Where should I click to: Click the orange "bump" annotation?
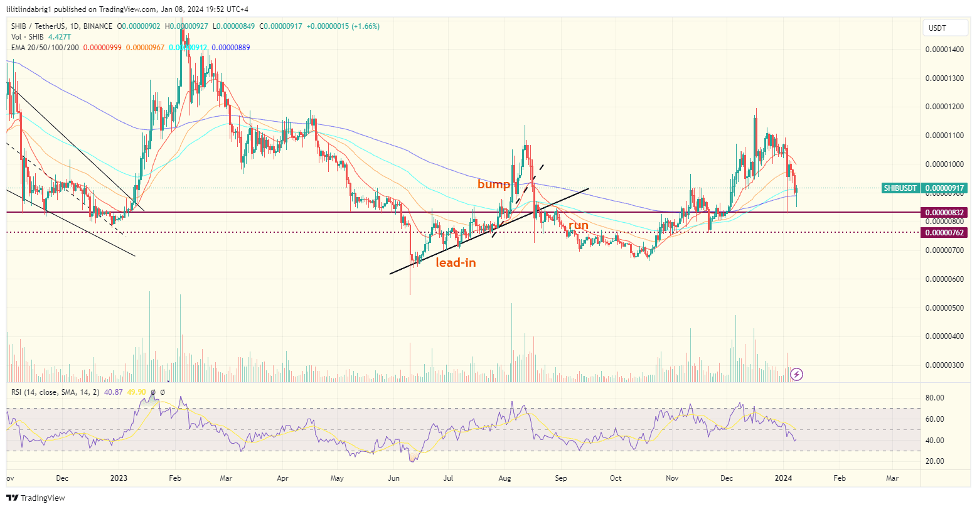click(x=494, y=184)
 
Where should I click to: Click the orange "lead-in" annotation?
click(x=456, y=262)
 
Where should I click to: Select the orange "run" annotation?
click(x=579, y=225)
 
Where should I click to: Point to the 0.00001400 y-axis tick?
click(x=944, y=50)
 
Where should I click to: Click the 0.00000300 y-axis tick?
click(x=944, y=365)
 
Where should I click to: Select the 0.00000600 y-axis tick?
click(x=944, y=279)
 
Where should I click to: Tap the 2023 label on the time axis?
click(x=119, y=478)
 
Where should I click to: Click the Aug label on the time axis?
click(x=505, y=478)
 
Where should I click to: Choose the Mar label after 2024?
click(x=892, y=478)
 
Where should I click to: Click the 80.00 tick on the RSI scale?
click(x=935, y=398)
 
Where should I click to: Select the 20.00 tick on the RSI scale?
click(x=935, y=461)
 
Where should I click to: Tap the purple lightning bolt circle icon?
click(x=796, y=375)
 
